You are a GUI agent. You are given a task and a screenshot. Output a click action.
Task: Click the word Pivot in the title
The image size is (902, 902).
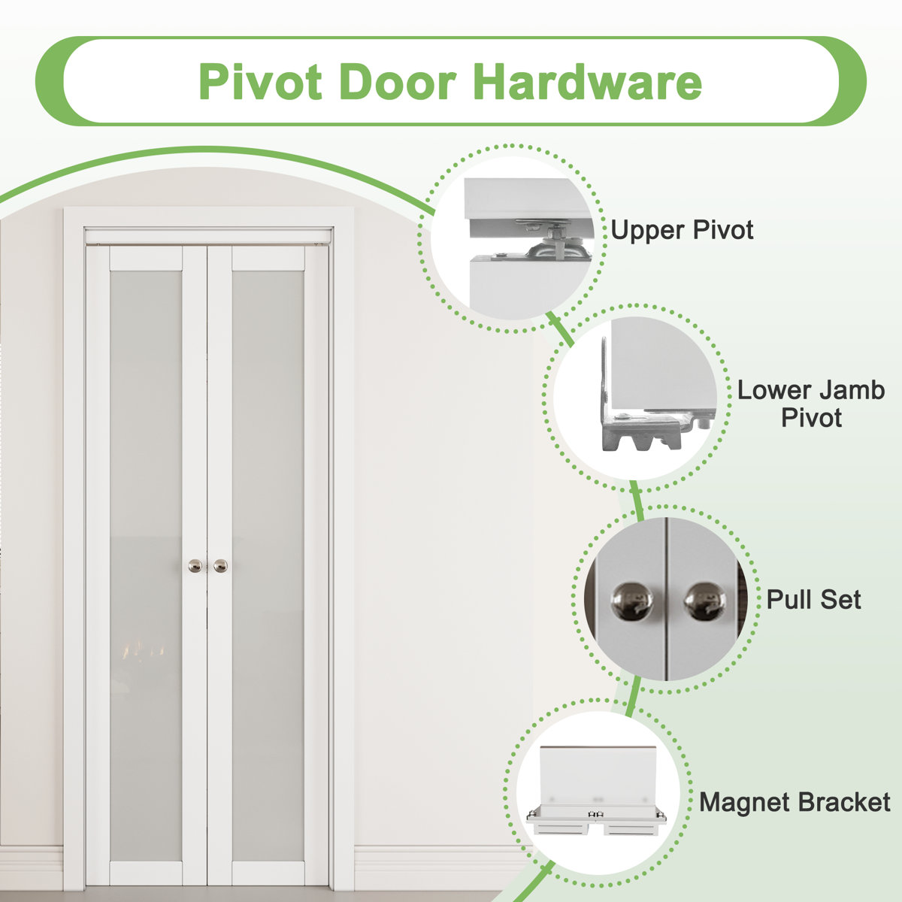tap(260, 82)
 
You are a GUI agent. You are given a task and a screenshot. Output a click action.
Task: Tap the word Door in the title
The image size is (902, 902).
tap(402, 82)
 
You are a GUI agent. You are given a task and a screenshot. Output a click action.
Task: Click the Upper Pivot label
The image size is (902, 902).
tap(682, 230)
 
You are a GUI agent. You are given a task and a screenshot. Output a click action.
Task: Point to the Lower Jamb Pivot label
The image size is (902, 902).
tap(810, 404)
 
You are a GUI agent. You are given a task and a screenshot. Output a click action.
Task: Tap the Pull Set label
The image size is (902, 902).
tap(813, 600)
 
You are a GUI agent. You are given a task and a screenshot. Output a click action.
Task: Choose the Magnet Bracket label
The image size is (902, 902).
tap(795, 802)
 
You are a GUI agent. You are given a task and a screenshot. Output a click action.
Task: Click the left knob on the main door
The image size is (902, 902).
tap(195, 565)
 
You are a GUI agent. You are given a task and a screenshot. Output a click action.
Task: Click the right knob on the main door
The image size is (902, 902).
tap(220, 565)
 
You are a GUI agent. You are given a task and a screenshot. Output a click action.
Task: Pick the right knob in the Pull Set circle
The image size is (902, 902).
tap(705, 601)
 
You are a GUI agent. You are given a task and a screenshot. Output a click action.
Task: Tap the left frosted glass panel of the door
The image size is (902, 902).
tap(146, 564)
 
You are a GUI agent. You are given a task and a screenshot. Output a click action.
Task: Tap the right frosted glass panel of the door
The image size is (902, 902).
tap(268, 564)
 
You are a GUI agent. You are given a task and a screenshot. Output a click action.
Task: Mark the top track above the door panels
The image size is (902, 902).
tap(208, 237)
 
